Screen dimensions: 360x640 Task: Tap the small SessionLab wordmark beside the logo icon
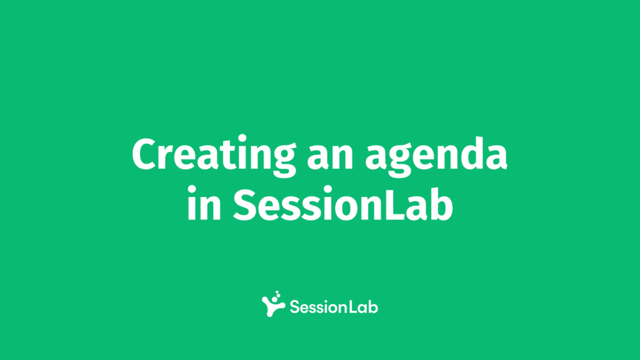point(334,307)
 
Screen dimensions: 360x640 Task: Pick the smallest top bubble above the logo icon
point(277,292)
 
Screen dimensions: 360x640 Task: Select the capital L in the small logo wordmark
point(352,307)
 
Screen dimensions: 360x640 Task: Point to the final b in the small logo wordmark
point(373,306)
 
